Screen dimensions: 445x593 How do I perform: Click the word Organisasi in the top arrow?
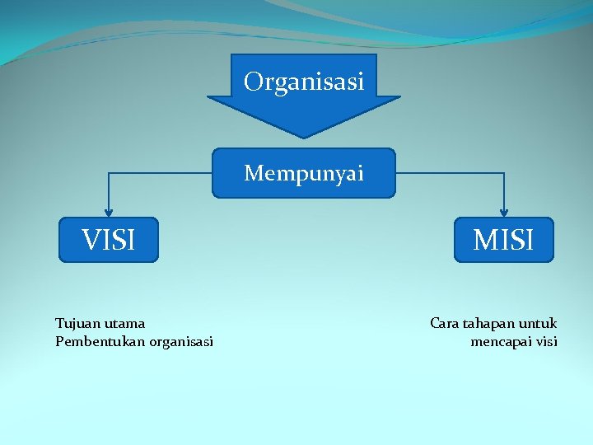(304, 82)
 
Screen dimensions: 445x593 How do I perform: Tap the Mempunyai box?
(304, 173)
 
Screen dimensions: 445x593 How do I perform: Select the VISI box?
(108, 240)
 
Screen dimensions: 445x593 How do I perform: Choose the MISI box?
(504, 240)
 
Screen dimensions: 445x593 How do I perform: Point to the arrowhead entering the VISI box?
(108, 213)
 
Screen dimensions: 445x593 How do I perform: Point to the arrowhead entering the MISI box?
(504, 213)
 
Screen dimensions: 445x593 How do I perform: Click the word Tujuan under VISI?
(75, 323)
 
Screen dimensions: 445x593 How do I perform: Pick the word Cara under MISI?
(445, 323)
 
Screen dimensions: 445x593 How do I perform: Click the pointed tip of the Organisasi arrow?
(304, 136)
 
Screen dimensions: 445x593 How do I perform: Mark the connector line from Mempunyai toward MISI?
(450, 173)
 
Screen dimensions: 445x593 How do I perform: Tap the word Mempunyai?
(304, 173)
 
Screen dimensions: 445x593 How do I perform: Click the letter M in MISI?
(483, 240)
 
